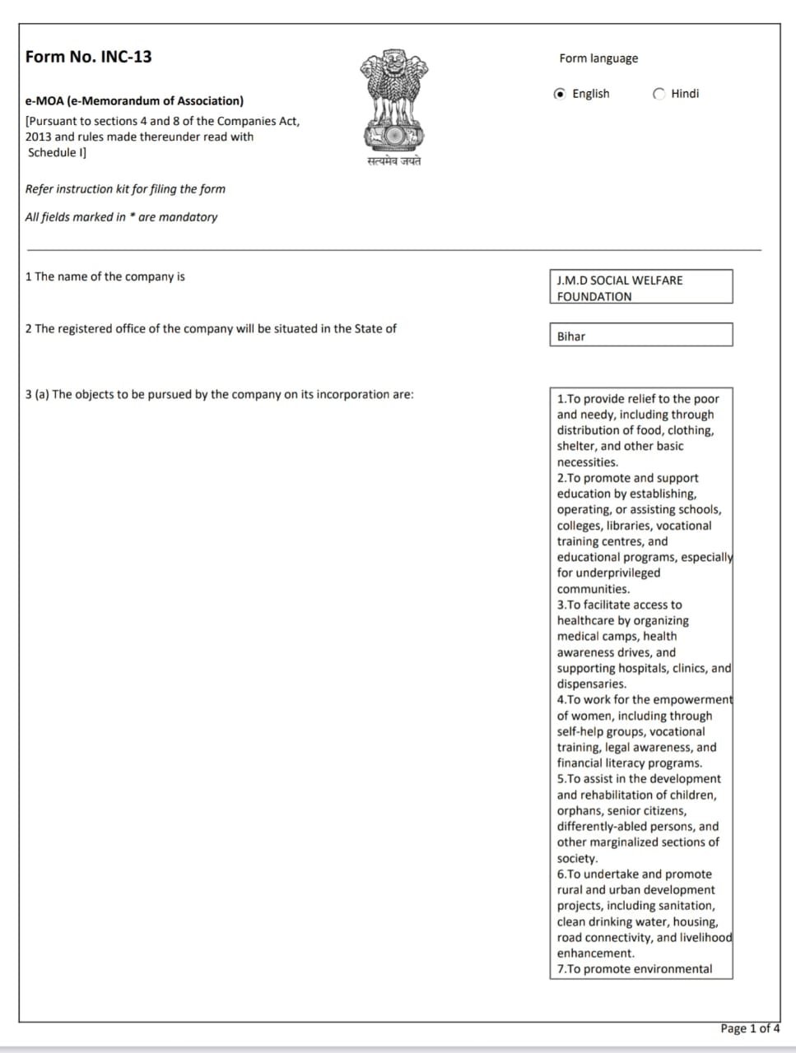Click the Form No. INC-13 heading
pyautogui.click(x=88, y=57)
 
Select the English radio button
pyautogui.click(x=561, y=94)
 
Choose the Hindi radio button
pyautogui.click(x=659, y=94)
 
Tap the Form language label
pyautogui.click(x=598, y=58)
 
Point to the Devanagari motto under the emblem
pyautogui.click(x=393, y=161)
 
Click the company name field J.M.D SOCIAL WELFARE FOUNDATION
pyautogui.click(x=640, y=287)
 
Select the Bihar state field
pyautogui.click(x=640, y=336)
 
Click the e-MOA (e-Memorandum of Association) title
pyautogui.click(x=134, y=101)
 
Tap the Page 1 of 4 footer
pyautogui.click(x=749, y=1028)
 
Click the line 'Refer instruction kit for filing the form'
pyautogui.click(x=125, y=189)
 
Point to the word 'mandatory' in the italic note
pyautogui.click(x=189, y=217)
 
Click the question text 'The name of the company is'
pyautogui.click(x=109, y=276)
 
